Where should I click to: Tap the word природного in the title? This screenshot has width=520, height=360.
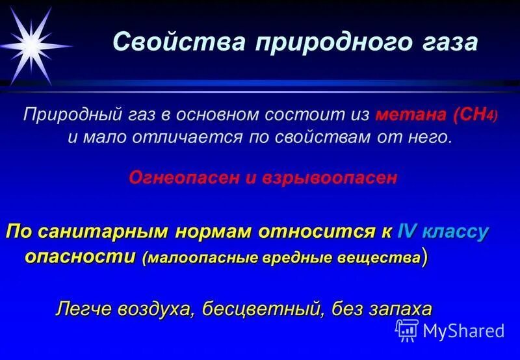[331, 43]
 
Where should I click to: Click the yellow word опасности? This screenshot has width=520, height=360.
[82, 257]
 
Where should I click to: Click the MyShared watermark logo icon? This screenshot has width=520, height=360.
[407, 330]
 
